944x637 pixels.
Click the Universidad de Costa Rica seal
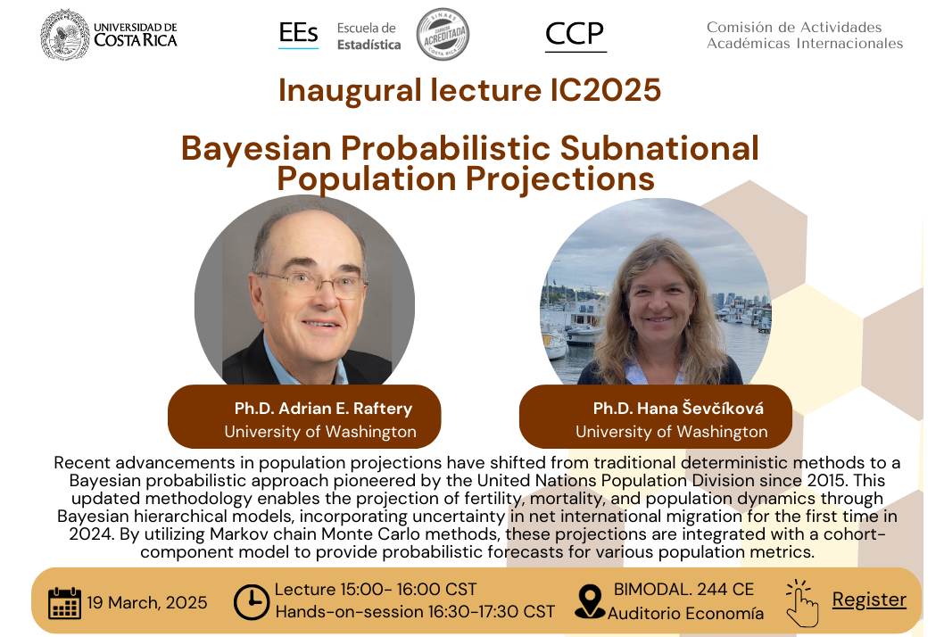pos(64,34)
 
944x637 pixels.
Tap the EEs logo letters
pos(298,33)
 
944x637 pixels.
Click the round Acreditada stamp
pos(443,34)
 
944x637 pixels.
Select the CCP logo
pos(575,34)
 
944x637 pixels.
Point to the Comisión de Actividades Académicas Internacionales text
pos(804,35)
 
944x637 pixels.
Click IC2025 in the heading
pos(606,90)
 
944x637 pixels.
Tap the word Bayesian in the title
pos(256,149)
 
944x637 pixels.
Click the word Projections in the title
pos(560,178)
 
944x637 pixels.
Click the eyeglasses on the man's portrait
pos(312,283)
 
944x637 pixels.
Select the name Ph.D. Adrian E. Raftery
pos(323,409)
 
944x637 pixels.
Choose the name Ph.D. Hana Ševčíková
pos(678,409)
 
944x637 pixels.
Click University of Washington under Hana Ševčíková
pos(671,432)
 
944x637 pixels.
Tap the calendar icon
pos(64,603)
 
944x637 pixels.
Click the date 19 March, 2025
pos(147,603)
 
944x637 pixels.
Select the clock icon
pos(251,602)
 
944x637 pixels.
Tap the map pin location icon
pos(590,601)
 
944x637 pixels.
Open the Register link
pos(869,600)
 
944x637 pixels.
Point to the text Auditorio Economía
pos(685,614)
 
